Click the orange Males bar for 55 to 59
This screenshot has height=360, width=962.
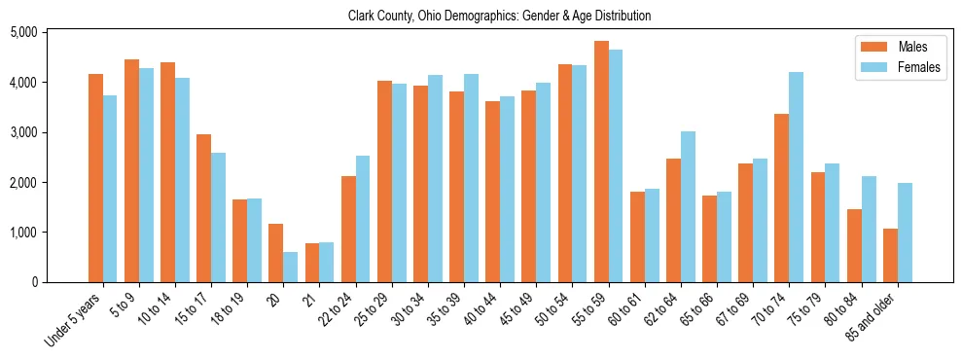coord(601,162)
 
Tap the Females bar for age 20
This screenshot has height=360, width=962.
coord(291,267)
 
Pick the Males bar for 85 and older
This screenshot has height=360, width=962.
coord(890,255)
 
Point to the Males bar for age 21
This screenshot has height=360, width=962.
coord(312,263)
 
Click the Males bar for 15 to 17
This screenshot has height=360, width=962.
coord(203,208)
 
